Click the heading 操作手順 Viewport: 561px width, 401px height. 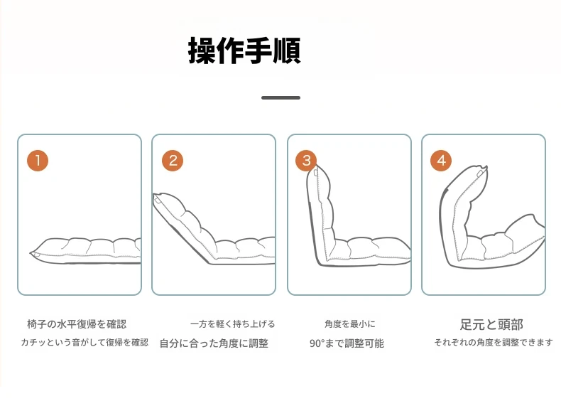244,50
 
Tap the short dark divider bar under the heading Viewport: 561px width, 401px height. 281,97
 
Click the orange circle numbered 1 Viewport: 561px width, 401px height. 38,161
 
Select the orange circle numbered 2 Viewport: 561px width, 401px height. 173,161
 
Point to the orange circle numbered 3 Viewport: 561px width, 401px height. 306,161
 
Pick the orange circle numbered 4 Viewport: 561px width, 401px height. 441,161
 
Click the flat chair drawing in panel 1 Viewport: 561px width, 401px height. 85,251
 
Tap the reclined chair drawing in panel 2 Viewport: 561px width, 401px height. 214,229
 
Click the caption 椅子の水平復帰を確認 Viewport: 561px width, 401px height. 77,324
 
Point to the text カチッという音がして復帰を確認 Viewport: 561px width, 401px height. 85,343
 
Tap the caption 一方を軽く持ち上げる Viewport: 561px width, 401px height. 232,324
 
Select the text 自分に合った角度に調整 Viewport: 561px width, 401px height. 214,343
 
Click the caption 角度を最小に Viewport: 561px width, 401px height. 350,324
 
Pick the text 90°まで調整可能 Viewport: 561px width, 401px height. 347,343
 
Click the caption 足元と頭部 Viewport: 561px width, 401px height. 491,325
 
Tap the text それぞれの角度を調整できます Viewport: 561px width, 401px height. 494,343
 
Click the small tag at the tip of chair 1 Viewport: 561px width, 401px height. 36,255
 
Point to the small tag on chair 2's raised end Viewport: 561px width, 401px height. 158,200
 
